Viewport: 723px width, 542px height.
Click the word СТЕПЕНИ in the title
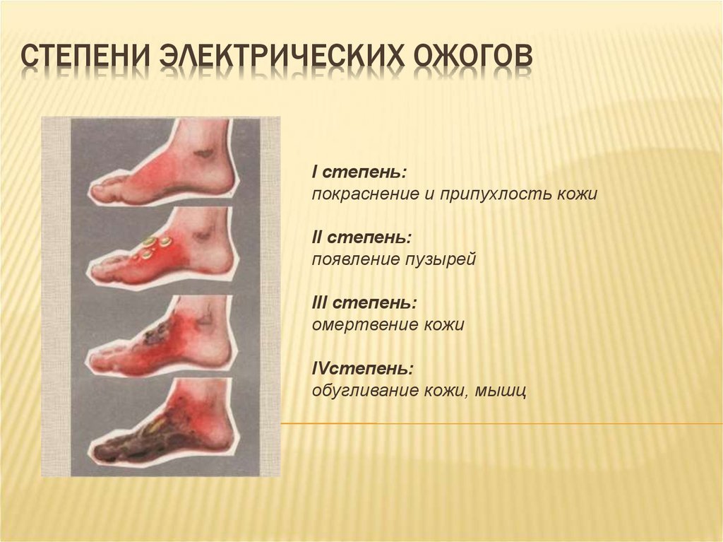(85, 57)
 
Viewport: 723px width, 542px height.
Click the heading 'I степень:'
(359, 172)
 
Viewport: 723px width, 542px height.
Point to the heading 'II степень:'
(362, 237)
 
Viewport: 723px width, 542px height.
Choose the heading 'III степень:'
(365, 303)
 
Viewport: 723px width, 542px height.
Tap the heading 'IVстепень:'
(362, 369)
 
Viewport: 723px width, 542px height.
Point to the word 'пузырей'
(441, 260)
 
